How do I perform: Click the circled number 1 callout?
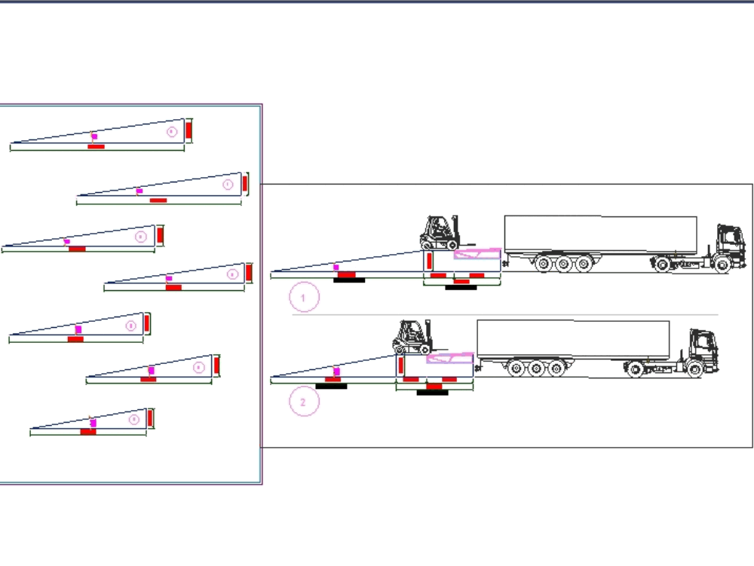point(304,298)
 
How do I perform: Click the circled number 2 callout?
point(304,402)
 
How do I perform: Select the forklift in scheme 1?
point(439,233)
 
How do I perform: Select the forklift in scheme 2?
point(412,337)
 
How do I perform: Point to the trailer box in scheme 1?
point(600,234)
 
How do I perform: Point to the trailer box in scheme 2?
point(573,338)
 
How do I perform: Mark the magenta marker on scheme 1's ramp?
point(336,267)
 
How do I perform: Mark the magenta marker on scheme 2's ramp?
point(336,371)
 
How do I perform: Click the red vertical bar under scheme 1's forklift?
point(428,262)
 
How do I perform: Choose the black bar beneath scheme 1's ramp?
point(349,280)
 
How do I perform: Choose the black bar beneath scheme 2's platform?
point(433,392)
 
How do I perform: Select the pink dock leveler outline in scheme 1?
point(477,254)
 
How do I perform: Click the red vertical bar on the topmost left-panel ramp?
point(188,130)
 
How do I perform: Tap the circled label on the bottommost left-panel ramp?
point(133,419)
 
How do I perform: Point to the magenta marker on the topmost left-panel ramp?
point(94,137)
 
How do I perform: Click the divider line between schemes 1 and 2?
point(505,315)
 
